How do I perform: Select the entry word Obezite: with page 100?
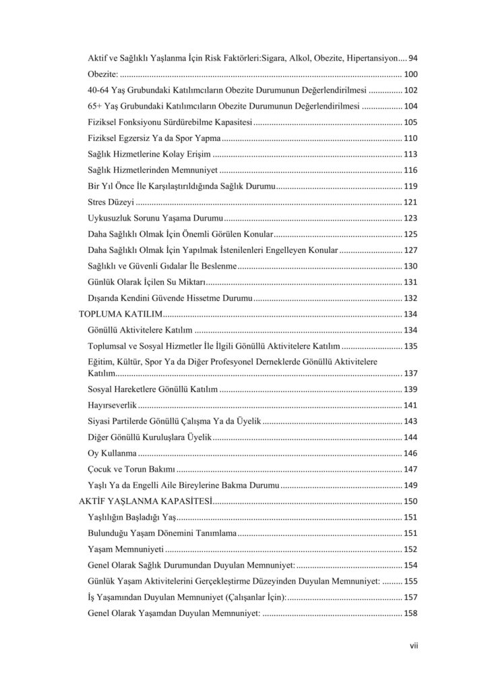tap(103, 74)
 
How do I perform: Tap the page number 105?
tap(410, 122)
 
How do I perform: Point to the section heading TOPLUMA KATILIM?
tap(121, 314)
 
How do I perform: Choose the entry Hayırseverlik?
tap(112, 405)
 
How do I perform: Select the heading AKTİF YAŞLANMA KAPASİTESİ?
tap(146, 501)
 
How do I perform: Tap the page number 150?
tap(410, 501)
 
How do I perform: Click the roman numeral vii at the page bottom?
tap(414, 645)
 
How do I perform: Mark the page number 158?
tap(410, 613)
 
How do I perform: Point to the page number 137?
tap(410, 373)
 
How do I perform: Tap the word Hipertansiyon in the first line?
tap(371, 59)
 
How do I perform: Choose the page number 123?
tap(410, 218)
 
